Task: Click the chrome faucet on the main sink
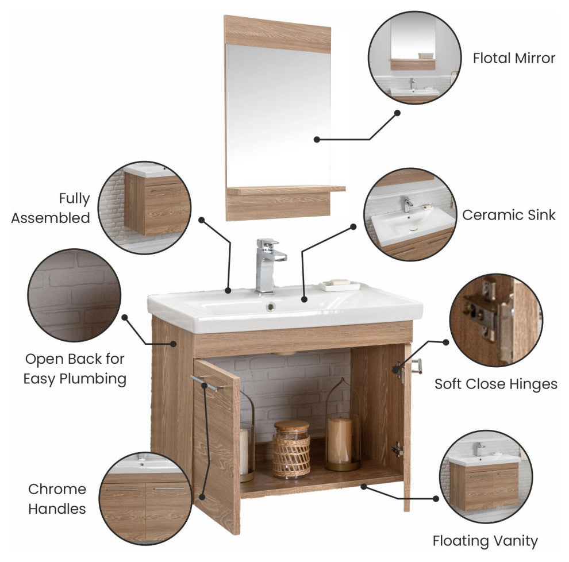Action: coord(268,265)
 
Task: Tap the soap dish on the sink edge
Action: coord(340,286)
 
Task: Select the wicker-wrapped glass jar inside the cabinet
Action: coord(291,449)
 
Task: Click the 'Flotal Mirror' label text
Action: coord(514,58)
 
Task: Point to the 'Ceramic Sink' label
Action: coord(509,215)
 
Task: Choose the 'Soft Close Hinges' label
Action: coord(495,384)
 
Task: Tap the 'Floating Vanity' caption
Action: coord(485,541)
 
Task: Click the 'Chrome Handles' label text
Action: coord(57,499)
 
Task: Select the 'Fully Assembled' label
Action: coord(51,208)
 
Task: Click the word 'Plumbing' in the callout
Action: coord(93,379)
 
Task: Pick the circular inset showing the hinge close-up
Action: coord(496,320)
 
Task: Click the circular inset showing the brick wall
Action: coord(74,295)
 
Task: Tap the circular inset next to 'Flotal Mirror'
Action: coord(415,57)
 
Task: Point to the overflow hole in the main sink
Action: coord(271,307)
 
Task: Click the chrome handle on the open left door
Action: coord(206,383)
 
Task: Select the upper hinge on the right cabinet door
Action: coord(399,371)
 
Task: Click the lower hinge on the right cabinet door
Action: coord(398,449)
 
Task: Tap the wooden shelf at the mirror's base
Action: coord(286,190)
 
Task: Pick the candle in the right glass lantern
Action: coord(340,440)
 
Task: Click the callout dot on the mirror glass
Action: coord(317,139)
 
